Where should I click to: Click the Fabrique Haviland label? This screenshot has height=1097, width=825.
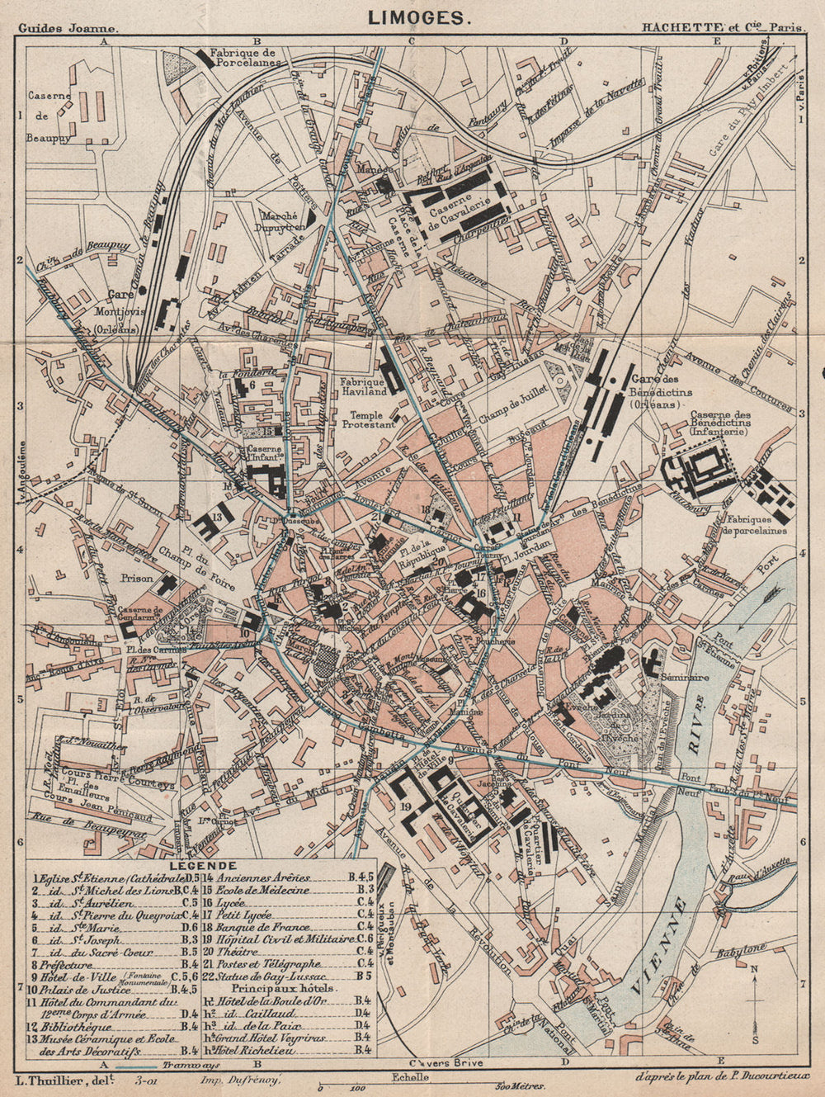(363, 387)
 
